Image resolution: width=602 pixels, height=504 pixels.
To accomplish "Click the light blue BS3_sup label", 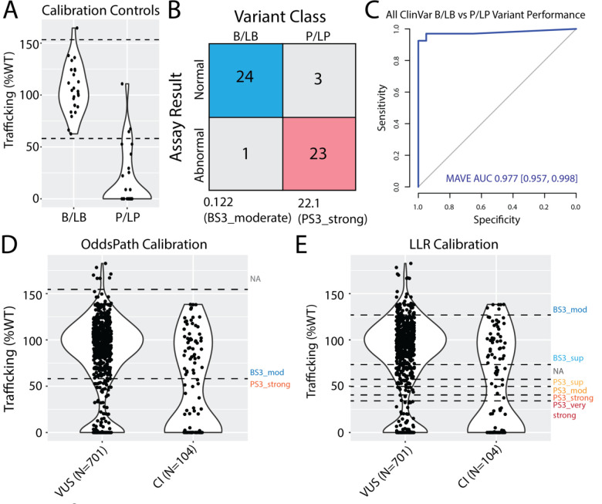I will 566,359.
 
